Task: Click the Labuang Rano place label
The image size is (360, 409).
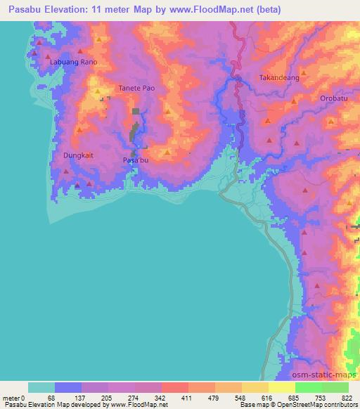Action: [x=73, y=62]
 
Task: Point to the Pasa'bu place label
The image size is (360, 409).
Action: [x=136, y=160]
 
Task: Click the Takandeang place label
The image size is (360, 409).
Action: [x=279, y=78]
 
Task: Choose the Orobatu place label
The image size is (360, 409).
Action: [x=333, y=98]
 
